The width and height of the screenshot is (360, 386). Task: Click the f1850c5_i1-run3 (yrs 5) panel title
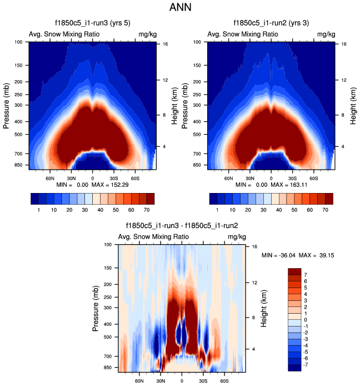(x=92, y=23)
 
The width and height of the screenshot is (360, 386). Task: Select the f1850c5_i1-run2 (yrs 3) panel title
(x=271, y=23)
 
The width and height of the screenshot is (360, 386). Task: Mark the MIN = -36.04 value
(x=279, y=255)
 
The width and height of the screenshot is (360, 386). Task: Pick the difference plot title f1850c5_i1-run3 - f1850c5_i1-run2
(x=182, y=226)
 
